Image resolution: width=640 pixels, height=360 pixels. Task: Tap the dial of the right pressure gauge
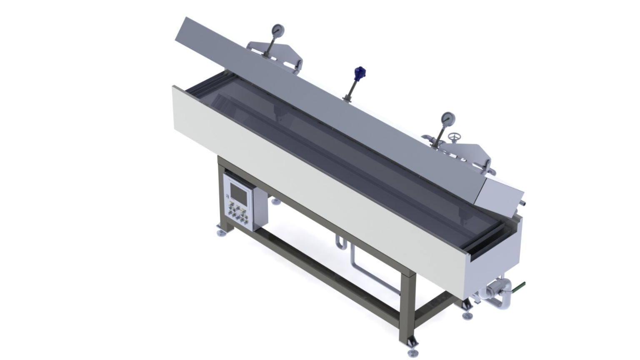(447, 118)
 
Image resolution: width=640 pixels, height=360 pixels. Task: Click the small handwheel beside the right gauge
(453, 137)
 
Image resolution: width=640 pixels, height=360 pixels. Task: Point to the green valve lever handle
(519, 287)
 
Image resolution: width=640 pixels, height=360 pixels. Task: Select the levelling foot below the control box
(221, 232)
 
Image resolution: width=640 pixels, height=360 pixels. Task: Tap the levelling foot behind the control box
(276, 202)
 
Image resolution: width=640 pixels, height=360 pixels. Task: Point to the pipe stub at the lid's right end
(523, 203)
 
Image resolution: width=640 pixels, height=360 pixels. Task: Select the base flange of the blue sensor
(347, 98)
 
